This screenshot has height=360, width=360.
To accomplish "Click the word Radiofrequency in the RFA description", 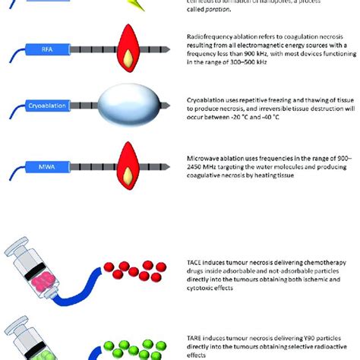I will click(209, 37).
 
